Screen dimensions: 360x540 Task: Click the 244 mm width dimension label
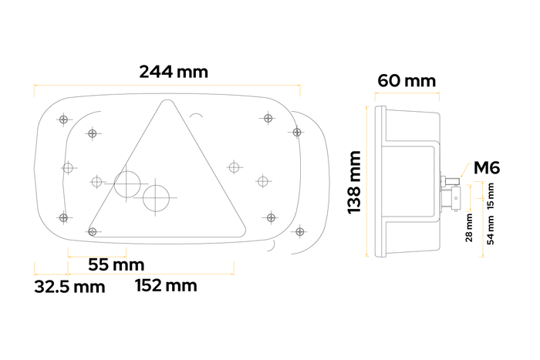click(x=174, y=72)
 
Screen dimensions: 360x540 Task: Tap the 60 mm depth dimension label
click(x=407, y=80)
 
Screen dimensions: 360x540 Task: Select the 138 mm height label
click(x=356, y=183)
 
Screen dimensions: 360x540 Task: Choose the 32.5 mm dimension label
click(x=69, y=288)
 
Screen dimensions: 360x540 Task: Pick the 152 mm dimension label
click(x=166, y=286)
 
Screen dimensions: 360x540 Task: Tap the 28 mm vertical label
click(x=469, y=227)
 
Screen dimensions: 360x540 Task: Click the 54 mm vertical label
click(x=491, y=229)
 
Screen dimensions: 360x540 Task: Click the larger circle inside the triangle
click(x=128, y=183)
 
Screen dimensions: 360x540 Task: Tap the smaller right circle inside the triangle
click(x=157, y=197)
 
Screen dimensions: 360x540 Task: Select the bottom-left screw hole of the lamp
click(x=63, y=216)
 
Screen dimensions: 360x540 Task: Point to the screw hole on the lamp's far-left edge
click(x=68, y=167)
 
